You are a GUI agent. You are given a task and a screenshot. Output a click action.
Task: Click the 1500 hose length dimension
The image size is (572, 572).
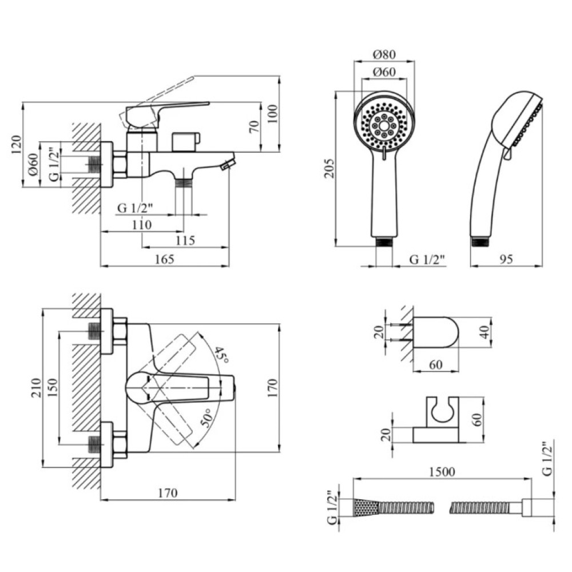[442, 472]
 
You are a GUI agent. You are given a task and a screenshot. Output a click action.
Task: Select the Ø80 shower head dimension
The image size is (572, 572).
[384, 54]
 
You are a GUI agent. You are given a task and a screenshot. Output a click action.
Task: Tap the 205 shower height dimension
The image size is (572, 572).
[329, 168]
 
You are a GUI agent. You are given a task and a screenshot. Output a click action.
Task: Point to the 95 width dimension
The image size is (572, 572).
[506, 259]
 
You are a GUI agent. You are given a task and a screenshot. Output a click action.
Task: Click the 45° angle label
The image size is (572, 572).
[221, 355]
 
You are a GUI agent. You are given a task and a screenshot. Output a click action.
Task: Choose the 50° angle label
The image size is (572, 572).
[206, 418]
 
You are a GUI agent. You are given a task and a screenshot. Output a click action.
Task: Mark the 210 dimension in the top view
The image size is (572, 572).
[35, 388]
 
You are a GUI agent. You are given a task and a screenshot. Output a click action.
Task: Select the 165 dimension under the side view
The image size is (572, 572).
[165, 259]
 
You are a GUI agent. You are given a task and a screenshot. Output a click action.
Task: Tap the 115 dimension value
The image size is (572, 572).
[185, 240]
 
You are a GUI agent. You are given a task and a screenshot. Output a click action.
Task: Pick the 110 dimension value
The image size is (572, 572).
[141, 225]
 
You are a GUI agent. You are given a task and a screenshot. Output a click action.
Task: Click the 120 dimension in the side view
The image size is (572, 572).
[17, 145]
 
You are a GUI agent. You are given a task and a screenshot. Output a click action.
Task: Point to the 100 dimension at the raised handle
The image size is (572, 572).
[272, 114]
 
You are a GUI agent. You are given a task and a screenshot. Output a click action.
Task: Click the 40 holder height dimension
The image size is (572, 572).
[485, 332]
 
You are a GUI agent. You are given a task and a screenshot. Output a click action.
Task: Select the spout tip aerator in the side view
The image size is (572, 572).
[227, 164]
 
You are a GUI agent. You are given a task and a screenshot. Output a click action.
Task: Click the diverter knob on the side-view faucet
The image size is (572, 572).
[186, 142]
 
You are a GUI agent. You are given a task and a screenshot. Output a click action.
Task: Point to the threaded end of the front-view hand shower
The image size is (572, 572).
[384, 241]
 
